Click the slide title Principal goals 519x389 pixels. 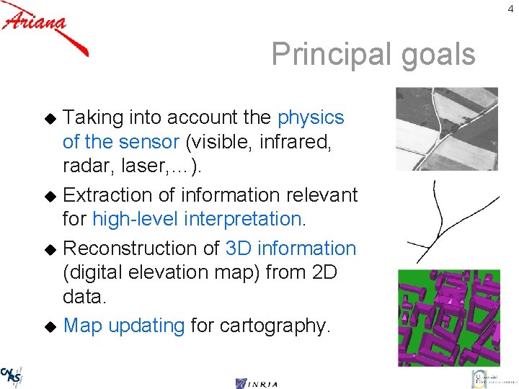point(373,54)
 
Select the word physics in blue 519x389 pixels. point(311,117)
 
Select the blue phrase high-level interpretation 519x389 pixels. point(198,219)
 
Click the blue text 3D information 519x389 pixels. point(290,248)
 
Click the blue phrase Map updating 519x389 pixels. point(124,326)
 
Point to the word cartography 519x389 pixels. point(278,326)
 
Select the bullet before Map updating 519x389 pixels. point(50,326)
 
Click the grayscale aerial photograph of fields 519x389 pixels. point(447,129)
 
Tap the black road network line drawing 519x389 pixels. point(440,220)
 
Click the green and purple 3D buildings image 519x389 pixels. point(448,318)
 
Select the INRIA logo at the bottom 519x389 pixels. point(257,383)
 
